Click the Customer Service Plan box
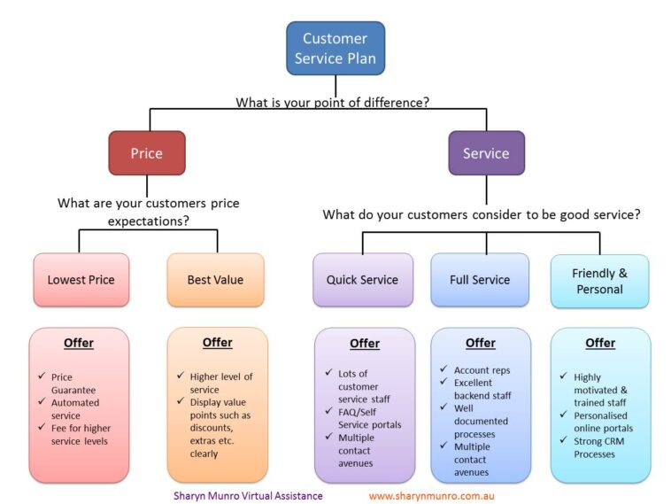pyautogui.click(x=335, y=49)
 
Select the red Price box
pyautogui.click(x=147, y=153)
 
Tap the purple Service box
pyautogui.click(x=486, y=153)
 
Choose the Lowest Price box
pyautogui.click(x=81, y=280)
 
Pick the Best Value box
pyautogui.click(x=215, y=280)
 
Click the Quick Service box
pyautogui.click(x=362, y=280)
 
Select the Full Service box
pyautogui.click(x=480, y=280)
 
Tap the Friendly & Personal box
pyautogui.click(x=599, y=281)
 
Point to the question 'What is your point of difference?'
pyautogui.click(x=332, y=102)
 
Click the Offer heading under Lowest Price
pyautogui.click(x=79, y=343)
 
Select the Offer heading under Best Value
pyautogui.click(x=217, y=342)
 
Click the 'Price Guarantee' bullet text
pyautogui.click(x=75, y=383)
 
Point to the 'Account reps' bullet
pyautogui.click(x=482, y=370)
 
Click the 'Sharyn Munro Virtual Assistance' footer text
pyautogui.click(x=248, y=496)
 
